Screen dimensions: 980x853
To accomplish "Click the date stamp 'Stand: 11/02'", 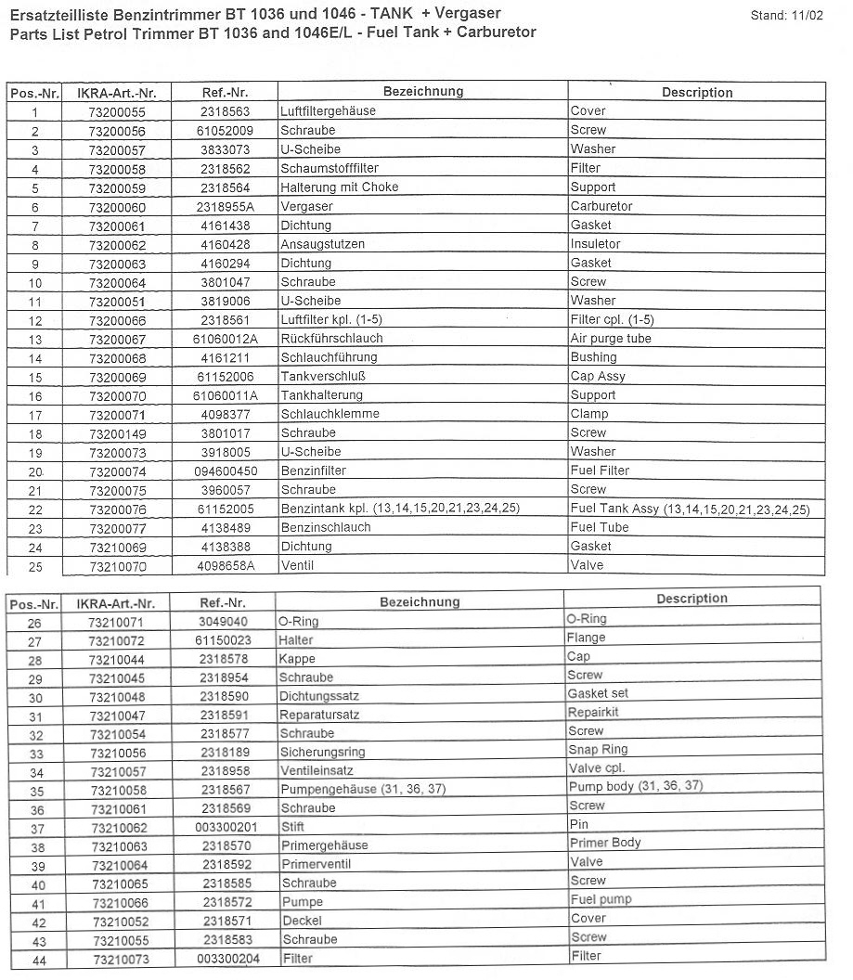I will click(x=786, y=16).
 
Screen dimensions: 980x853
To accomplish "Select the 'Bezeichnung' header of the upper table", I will click(x=422, y=92).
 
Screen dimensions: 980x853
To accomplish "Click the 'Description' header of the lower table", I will click(x=691, y=599).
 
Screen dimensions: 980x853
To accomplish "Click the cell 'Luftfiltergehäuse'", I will click(x=328, y=111).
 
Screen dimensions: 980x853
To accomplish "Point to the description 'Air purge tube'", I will click(x=611, y=339).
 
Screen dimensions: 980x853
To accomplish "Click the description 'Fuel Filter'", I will click(x=600, y=471).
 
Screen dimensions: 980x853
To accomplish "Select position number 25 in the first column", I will click(x=35, y=566).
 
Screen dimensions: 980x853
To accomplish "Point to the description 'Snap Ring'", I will click(x=598, y=750).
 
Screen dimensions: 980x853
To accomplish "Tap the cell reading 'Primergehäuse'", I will click(x=324, y=845).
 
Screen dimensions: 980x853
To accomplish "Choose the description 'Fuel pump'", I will click(x=601, y=899).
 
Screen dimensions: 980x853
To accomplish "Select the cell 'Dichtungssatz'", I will click(x=319, y=696).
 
